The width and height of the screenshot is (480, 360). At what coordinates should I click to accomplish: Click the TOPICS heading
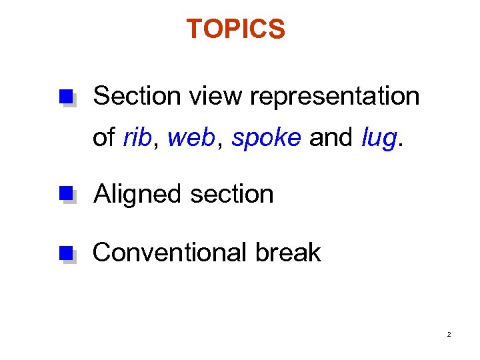point(235,29)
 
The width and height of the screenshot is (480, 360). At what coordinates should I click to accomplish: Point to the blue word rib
point(137,137)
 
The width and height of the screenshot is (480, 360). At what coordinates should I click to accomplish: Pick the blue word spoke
point(267,138)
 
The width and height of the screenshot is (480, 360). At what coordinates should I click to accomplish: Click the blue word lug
point(378,139)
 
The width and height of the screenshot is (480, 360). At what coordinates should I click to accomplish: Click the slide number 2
point(449,334)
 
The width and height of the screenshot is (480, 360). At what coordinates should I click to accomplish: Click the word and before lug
point(331,137)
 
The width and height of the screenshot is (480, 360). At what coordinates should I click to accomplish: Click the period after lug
point(400,144)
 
